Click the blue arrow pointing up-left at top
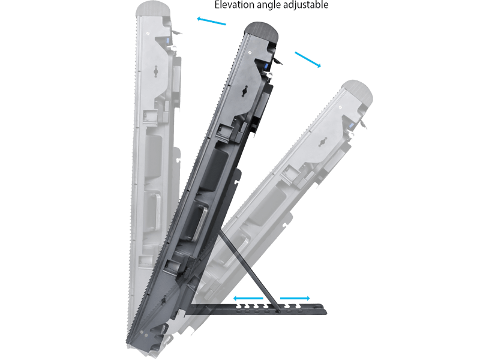click(x=212, y=21)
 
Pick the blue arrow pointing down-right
click(x=308, y=59)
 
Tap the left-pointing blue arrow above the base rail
click(x=248, y=298)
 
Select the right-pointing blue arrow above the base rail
click(x=295, y=298)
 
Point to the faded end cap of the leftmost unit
click(x=153, y=8)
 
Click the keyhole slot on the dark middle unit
click(x=245, y=91)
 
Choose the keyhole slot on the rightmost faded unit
click(x=322, y=142)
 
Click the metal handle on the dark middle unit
click(x=200, y=223)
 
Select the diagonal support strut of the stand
click(x=248, y=271)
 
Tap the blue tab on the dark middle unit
click(x=265, y=66)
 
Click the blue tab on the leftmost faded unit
click(x=167, y=41)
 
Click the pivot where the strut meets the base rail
click(x=278, y=311)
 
